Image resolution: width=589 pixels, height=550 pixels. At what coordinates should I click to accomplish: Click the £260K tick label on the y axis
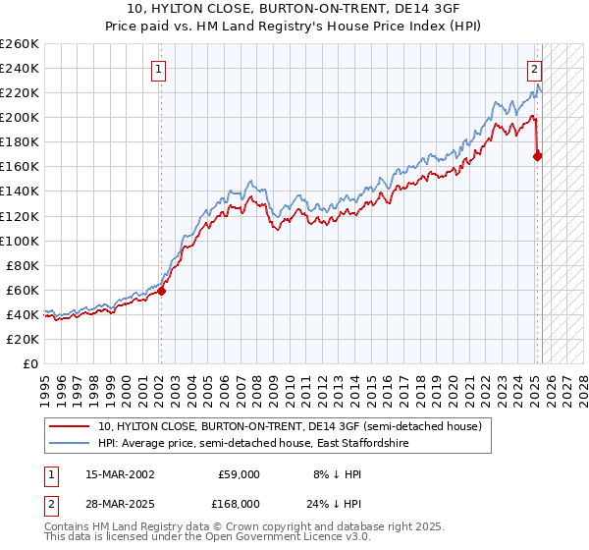(x=20, y=44)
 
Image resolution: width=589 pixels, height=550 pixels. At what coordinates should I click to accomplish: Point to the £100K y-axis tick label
(x=20, y=241)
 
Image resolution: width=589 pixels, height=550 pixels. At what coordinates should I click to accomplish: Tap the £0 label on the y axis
(x=29, y=363)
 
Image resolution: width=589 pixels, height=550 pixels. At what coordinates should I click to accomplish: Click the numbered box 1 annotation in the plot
(x=158, y=69)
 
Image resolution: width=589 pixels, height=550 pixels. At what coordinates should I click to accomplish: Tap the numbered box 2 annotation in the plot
(x=534, y=69)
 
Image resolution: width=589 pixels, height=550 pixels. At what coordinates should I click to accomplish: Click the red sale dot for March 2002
(x=162, y=291)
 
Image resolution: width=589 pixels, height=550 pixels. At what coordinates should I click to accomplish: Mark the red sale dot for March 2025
(x=538, y=155)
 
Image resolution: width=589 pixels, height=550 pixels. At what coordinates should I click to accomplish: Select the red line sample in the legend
(x=71, y=427)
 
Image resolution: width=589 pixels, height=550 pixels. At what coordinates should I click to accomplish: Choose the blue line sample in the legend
(x=71, y=444)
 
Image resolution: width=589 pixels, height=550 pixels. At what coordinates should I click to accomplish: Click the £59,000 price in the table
(x=239, y=473)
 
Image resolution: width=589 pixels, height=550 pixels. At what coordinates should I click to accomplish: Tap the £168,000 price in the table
(x=239, y=503)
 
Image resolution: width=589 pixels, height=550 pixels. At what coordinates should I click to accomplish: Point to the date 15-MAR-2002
(x=120, y=473)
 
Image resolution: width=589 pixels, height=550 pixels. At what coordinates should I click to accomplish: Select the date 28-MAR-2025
(x=120, y=503)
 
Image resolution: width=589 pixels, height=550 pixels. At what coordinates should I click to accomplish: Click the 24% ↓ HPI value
(x=337, y=503)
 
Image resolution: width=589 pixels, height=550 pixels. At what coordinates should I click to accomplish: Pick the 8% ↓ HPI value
(x=337, y=473)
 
